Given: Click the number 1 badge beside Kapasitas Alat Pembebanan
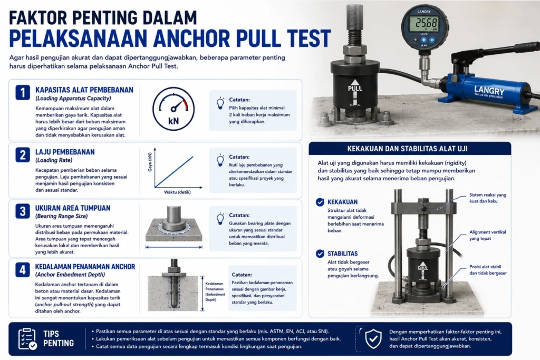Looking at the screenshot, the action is [x=23, y=93].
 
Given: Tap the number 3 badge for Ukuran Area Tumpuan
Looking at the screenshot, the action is [x=23, y=211].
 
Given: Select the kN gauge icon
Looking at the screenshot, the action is [x=173, y=109].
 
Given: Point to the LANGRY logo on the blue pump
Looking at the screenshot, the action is [x=489, y=92].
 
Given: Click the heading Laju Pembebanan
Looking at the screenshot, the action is [x=65, y=152].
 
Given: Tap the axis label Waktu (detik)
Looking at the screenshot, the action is [x=177, y=192].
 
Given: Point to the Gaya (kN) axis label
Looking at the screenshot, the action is [x=150, y=162].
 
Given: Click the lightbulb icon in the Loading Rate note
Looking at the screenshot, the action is [x=220, y=161].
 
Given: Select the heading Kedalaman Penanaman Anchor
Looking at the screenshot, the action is [x=85, y=267].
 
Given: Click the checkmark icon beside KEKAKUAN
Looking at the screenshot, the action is [x=320, y=202].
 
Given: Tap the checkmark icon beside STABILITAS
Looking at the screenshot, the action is [x=320, y=254].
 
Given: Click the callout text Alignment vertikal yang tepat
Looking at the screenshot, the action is [x=488, y=236].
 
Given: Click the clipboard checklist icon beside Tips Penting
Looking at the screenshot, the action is [x=27, y=339].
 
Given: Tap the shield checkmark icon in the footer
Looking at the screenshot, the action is [x=373, y=339].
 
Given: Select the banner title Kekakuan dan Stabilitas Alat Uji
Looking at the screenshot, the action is [x=408, y=149].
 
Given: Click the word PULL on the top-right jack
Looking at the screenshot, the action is [x=355, y=89].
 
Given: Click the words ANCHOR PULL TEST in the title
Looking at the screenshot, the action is [x=242, y=38].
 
